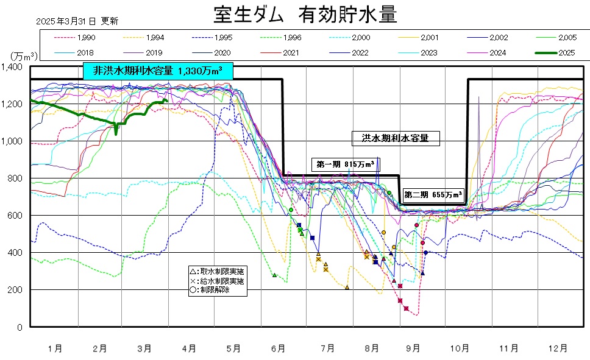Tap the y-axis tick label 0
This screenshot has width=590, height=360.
click(x=21, y=327)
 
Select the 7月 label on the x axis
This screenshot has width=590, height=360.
click(x=327, y=348)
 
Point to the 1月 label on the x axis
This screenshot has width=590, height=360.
click(x=55, y=348)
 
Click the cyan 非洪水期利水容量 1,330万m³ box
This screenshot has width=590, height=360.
click(x=158, y=71)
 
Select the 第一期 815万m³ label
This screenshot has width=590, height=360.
click(x=345, y=164)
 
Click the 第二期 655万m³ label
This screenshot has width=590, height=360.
click(x=432, y=195)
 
